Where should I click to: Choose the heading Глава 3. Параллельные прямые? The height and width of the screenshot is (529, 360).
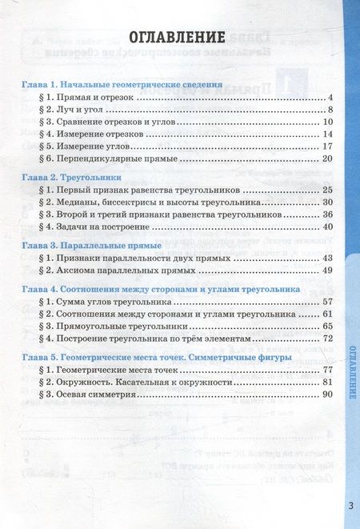(92, 244)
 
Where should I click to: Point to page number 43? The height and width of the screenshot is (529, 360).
(326, 258)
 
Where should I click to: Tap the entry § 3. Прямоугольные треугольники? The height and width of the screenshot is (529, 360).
(112, 327)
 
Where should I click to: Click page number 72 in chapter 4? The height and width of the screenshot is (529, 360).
(326, 339)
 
